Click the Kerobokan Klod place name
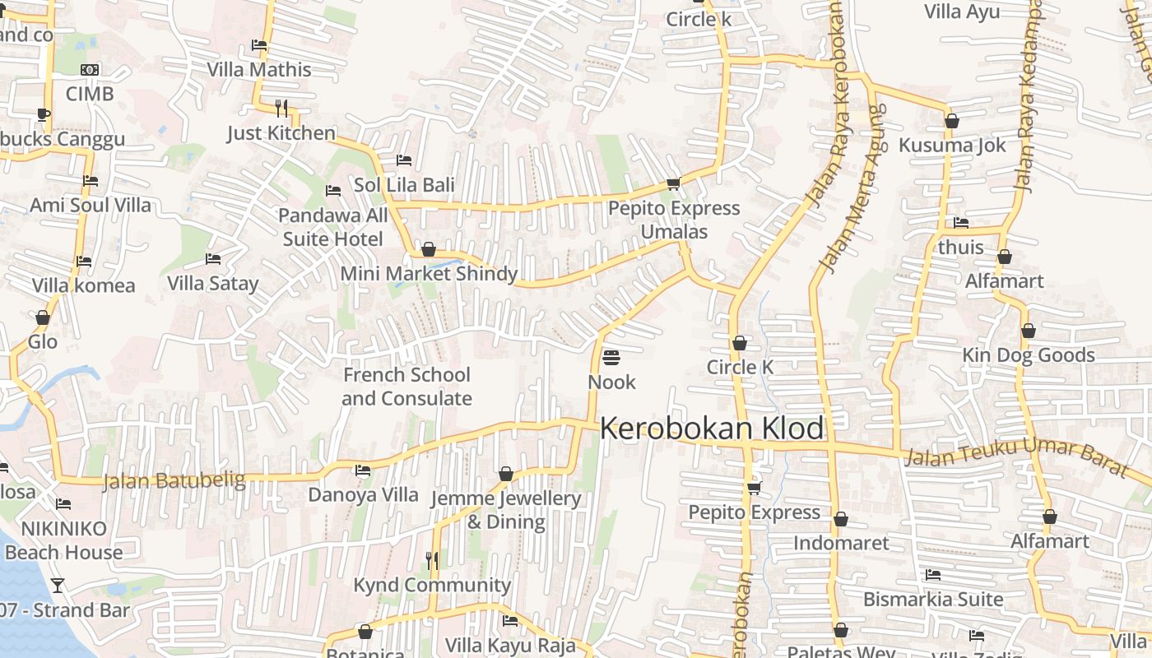tap(712, 429)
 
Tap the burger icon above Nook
tap(611, 358)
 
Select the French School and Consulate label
tap(406, 387)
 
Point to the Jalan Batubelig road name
tap(174, 480)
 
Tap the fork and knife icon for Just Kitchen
tap(281, 108)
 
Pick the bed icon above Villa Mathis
tap(259, 45)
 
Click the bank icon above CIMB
tap(90, 70)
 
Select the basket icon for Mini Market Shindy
tap(428, 248)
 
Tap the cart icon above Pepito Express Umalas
tap(673, 183)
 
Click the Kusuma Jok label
tap(952, 146)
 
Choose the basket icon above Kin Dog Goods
tap(1028, 331)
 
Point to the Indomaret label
tap(841, 543)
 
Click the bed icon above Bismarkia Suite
tap(932, 575)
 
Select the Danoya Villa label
tap(363, 495)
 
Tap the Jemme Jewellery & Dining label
tap(506, 510)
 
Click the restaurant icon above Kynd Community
tap(432, 560)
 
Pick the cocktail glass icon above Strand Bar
tap(58, 586)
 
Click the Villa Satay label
tap(212, 284)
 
